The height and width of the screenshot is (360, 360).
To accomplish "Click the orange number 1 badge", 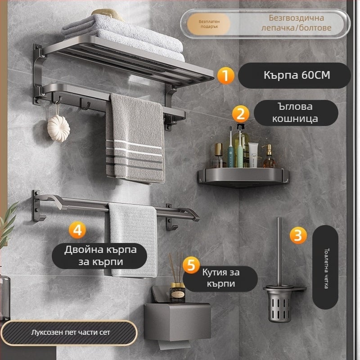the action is click(x=225, y=75).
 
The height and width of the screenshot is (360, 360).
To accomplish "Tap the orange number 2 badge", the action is click(x=240, y=114).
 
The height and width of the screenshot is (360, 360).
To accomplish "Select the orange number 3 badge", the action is click(x=298, y=235).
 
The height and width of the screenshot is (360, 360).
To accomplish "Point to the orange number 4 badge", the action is click(x=77, y=230).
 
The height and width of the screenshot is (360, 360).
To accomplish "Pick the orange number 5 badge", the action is click(x=191, y=265).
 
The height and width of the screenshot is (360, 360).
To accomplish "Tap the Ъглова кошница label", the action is click(x=296, y=113).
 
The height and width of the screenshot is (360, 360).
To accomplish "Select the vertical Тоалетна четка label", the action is click(x=325, y=267).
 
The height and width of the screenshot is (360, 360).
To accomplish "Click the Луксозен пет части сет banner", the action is click(x=69, y=333).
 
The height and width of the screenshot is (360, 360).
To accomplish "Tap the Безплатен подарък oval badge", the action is click(x=209, y=24).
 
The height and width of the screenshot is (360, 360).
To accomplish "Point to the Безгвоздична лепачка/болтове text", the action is click(x=296, y=23).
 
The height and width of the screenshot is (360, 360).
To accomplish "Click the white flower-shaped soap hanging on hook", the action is click(x=58, y=128).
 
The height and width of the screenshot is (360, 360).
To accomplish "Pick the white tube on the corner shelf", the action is click(x=253, y=155).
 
